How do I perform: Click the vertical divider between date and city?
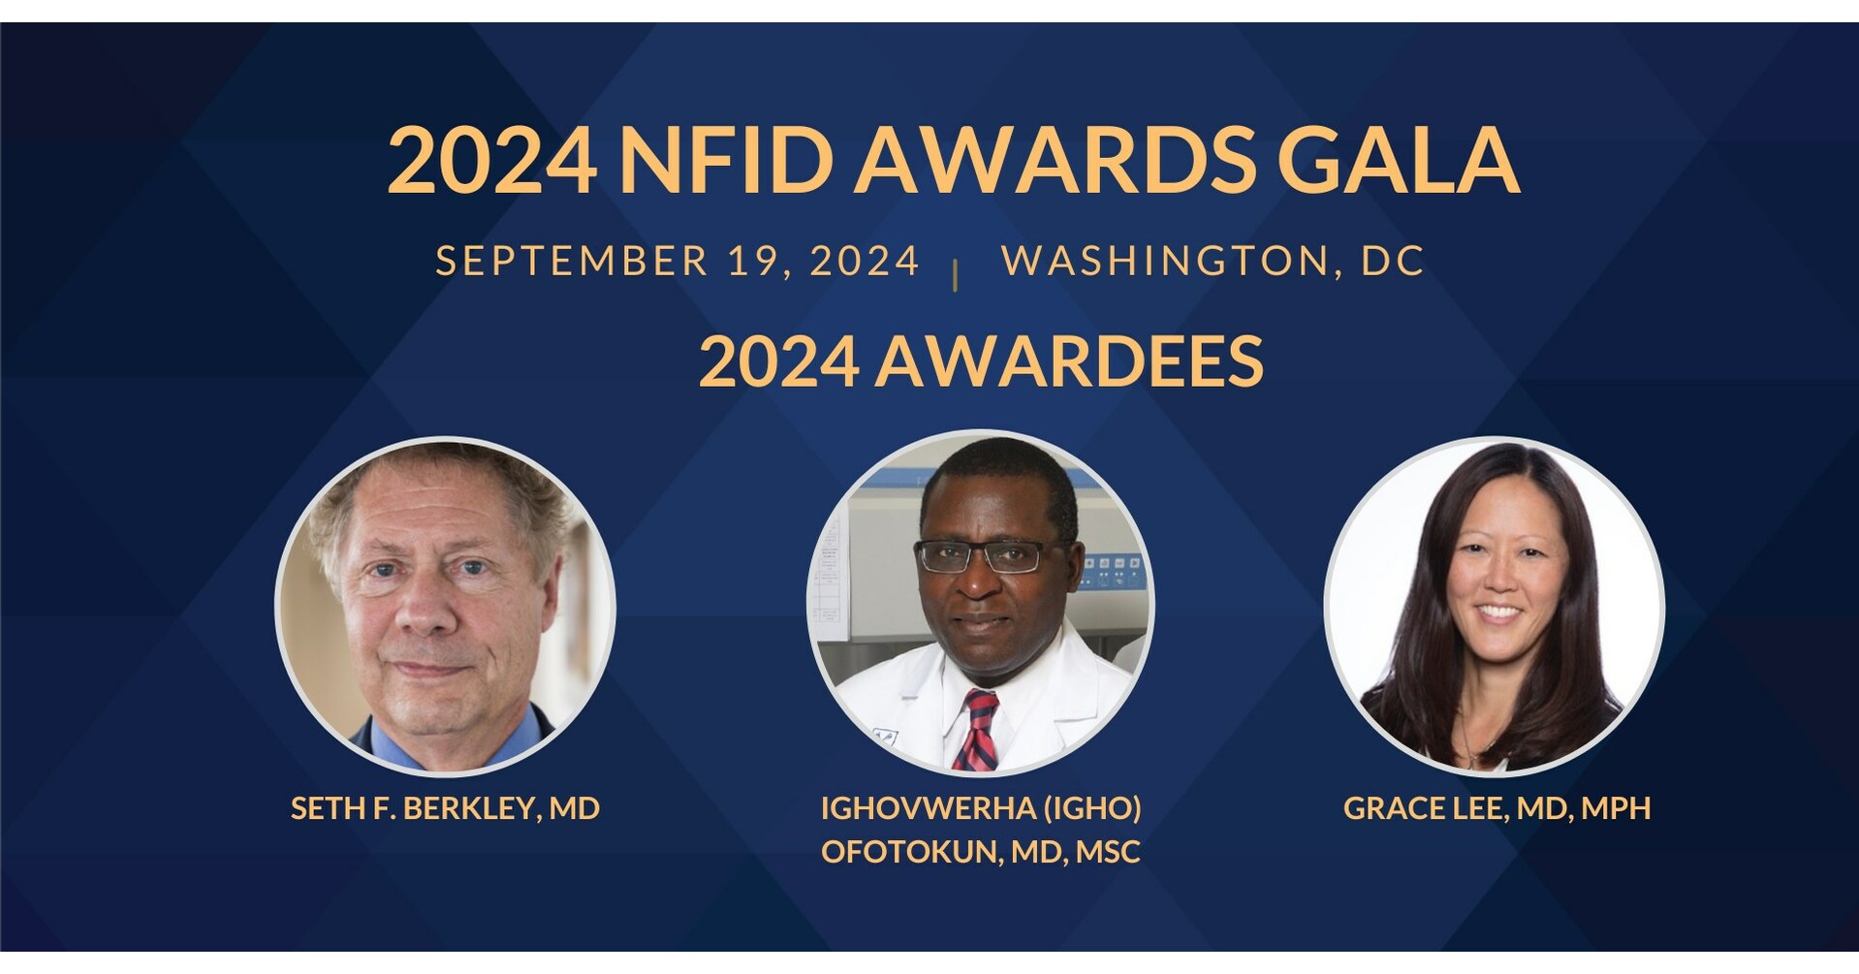coord(957,275)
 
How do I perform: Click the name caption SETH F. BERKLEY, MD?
coord(445,808)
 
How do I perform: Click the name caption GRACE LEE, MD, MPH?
coord(1497,808)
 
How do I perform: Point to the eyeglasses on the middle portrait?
coord(981,555)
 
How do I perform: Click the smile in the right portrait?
coord(1498,613)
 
